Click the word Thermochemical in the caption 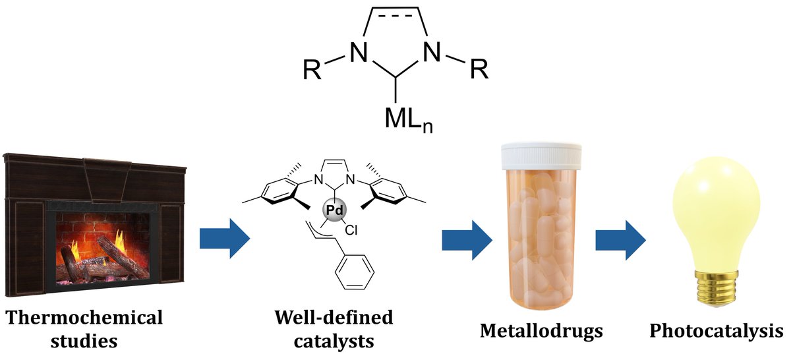pos(84,318)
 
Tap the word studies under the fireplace pos(84,342)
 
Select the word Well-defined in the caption pos(334,318)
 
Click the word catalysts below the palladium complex pos(334,342)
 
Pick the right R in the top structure pos(479,69)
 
